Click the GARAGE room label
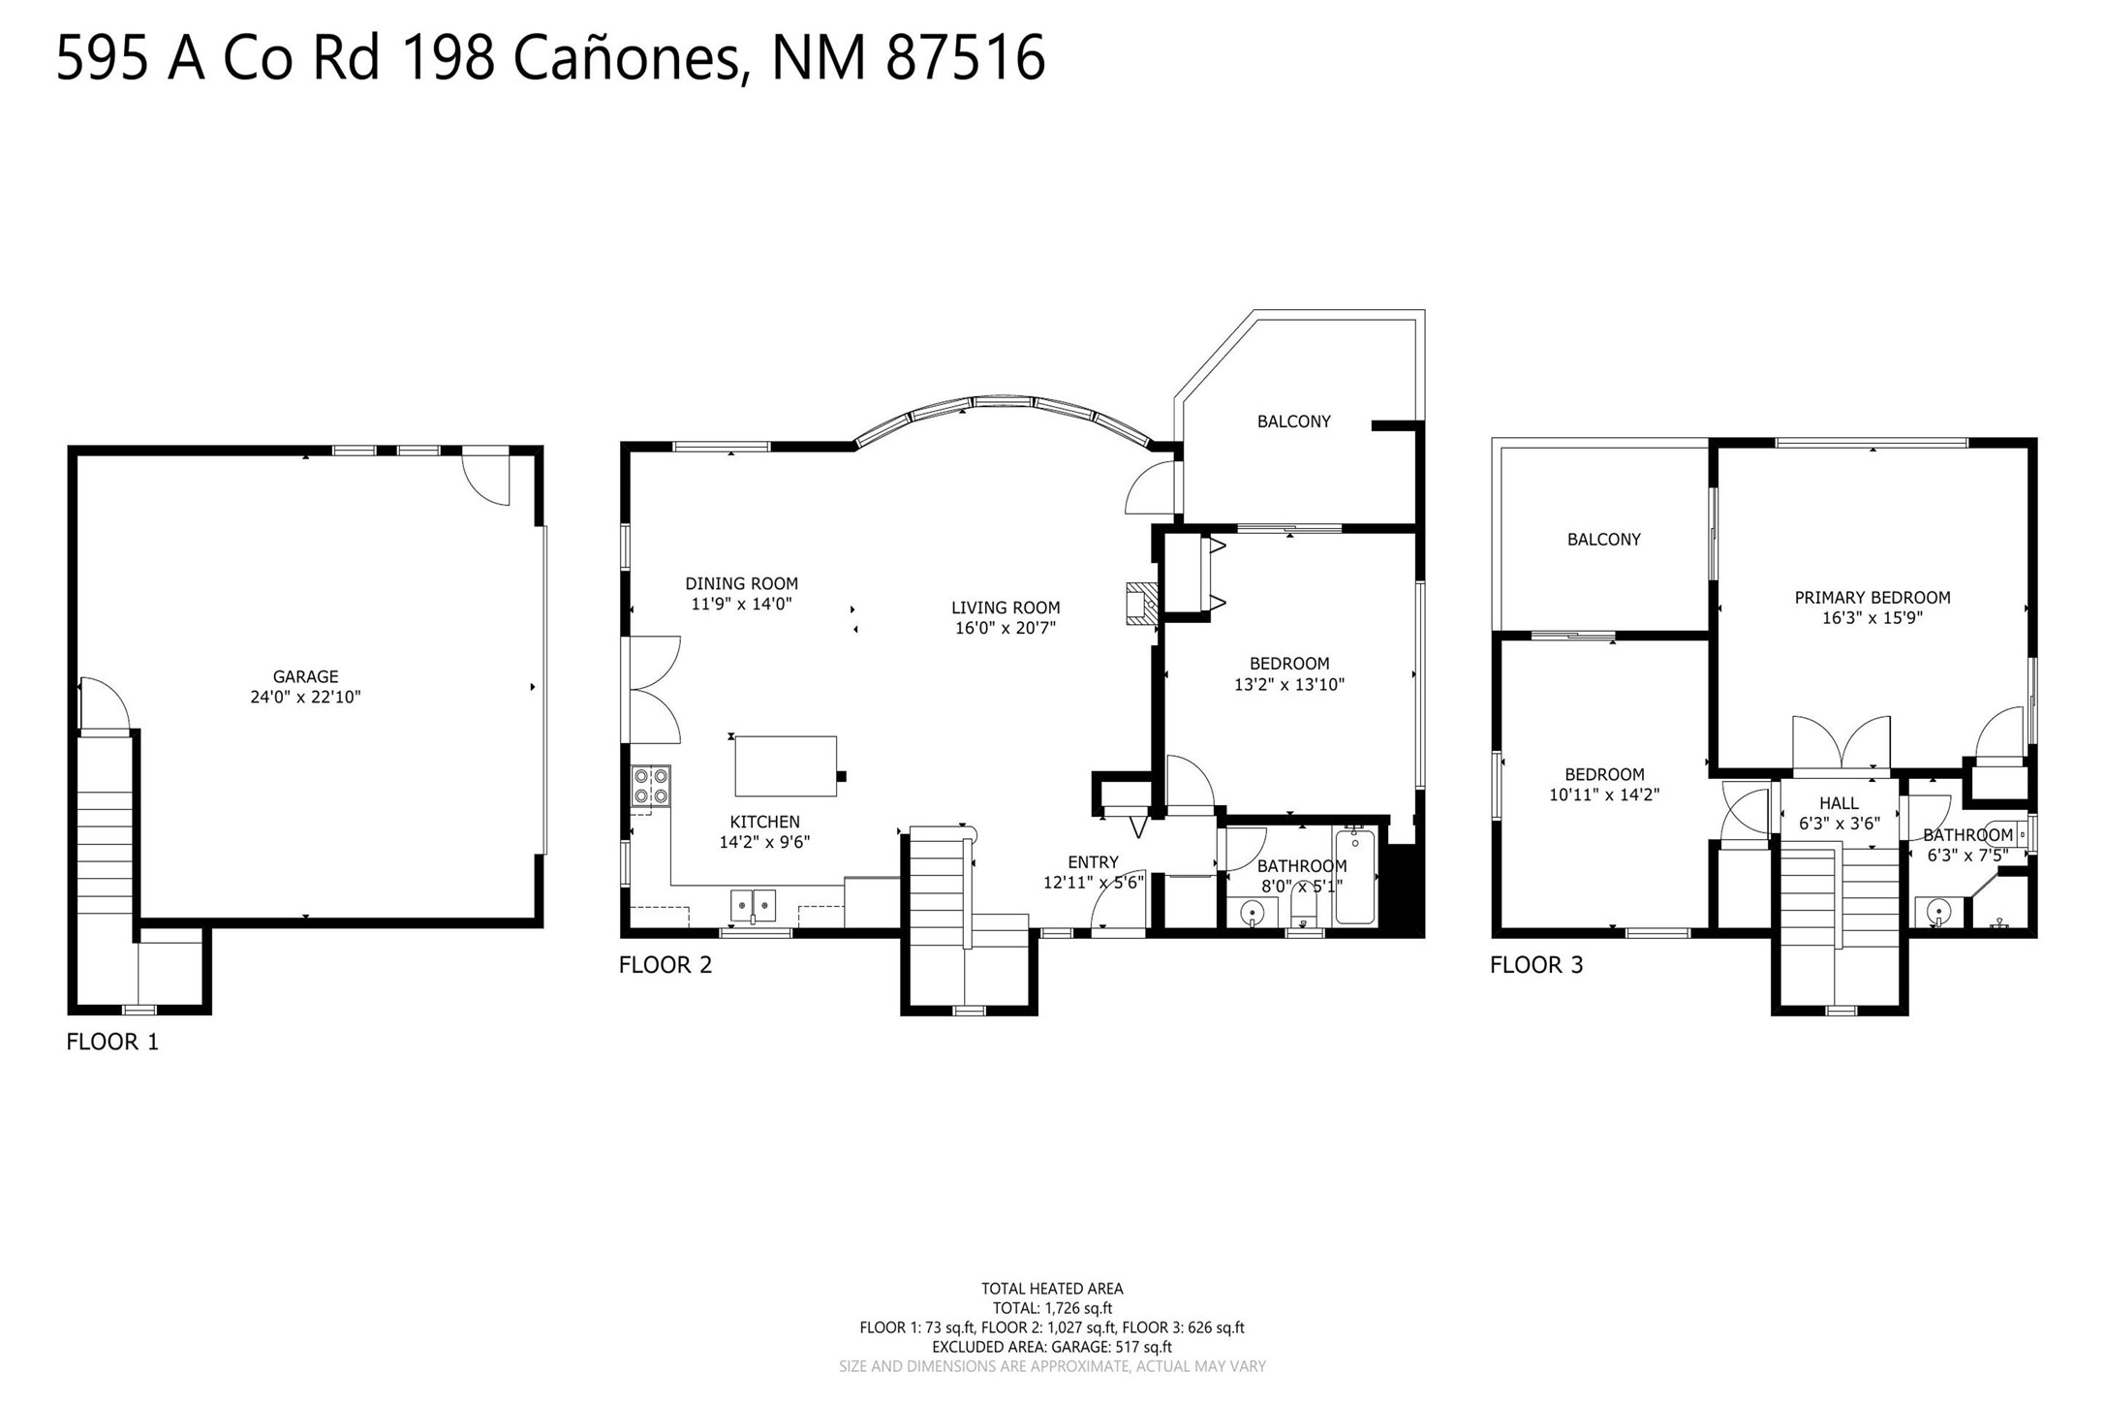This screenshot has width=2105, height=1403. (305, 676)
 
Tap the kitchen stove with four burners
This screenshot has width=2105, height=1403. (651, 786)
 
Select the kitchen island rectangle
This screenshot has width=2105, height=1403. (786, 765)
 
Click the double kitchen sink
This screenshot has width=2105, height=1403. (753, 905)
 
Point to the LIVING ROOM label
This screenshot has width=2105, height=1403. (1006, 608)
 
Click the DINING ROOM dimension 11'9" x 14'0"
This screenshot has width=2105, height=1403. (741, 604)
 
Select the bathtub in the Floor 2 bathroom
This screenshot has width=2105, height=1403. (1354, 876)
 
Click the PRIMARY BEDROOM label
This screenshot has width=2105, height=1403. (1873, 597)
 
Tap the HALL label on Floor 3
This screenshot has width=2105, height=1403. (1839, 803)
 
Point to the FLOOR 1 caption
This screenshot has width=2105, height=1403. (112, 1042)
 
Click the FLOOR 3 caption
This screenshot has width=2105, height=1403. (1536, 964)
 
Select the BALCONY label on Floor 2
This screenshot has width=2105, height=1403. (1294, 421)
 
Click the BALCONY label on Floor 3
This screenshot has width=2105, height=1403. (1604, 540)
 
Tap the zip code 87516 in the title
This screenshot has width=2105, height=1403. (966, 58)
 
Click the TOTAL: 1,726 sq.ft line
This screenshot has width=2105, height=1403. (1052, 1308)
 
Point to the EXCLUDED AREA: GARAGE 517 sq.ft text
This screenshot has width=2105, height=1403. (1052, 1347)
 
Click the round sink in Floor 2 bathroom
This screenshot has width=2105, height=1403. (1253, 913)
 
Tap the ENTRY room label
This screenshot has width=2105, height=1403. (1093, 862)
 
